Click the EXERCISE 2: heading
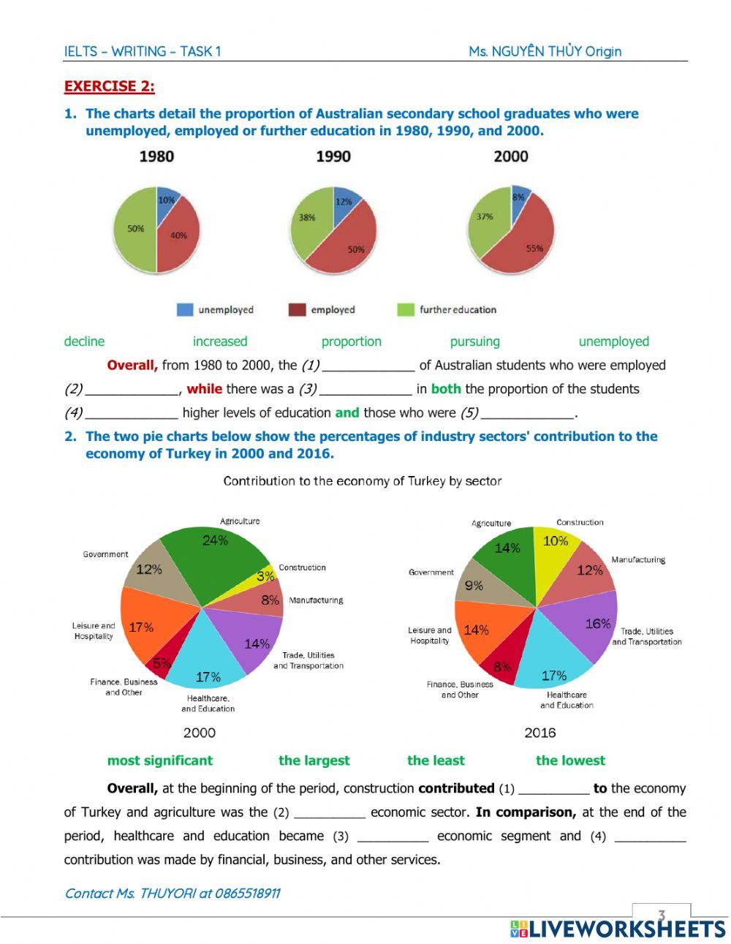point(109,86)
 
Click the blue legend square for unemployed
point(185,310)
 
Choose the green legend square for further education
point(405,310)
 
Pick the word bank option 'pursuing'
point(474,341)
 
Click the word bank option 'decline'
point(84,341)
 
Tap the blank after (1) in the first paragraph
point(368,366)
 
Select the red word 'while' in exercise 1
point(204,389)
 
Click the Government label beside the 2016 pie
point(431,573)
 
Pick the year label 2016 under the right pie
point(539,733)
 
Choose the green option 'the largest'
point(314,760)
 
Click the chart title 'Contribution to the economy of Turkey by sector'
point(362,481)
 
